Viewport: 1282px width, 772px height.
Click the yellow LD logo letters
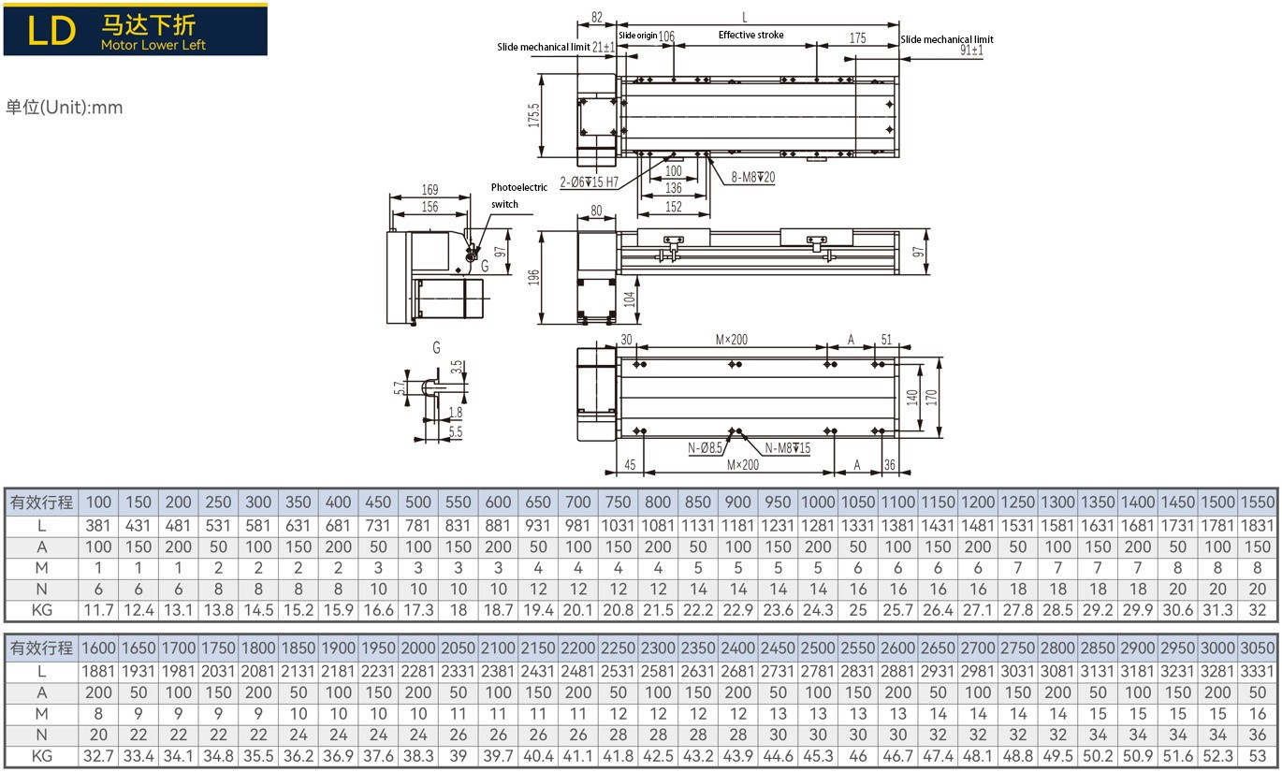click(x=51, y=31)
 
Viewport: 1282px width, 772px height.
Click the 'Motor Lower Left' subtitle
click(x=153, y=45)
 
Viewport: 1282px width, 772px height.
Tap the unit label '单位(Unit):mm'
click(x=64, y=108)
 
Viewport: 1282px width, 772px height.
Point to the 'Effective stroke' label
click(x=750, y=35)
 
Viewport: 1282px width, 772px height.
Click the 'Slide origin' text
click(x=637, y=36)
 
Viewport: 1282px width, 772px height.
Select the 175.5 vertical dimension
click(x=533, y=115)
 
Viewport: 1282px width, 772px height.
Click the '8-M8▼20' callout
click(x=753, y=178)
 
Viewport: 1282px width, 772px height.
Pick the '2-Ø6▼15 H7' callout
click(x=589, y=182)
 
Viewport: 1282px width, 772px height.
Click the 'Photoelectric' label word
click(x=519, y=187)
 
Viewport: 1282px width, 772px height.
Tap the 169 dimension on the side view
click(x=430, y=189)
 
